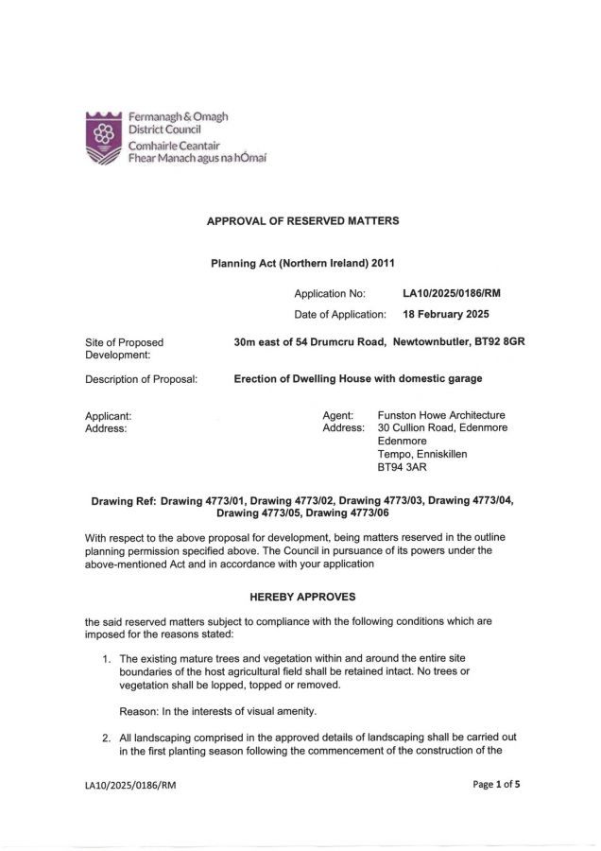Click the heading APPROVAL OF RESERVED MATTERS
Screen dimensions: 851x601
(302, 221)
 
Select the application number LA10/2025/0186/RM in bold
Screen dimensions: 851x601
(451, 293)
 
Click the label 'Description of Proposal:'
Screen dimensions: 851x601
(142, 379)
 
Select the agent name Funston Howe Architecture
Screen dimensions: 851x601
(441, 414)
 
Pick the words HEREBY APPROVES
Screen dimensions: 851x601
(302, 598)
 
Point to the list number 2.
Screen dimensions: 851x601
(107, 736)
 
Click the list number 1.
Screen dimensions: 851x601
(107, 657)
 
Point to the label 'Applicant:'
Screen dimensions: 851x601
(108, 414)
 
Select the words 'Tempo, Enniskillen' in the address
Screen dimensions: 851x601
(421, 454)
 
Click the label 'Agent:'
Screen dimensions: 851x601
(337, 414)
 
